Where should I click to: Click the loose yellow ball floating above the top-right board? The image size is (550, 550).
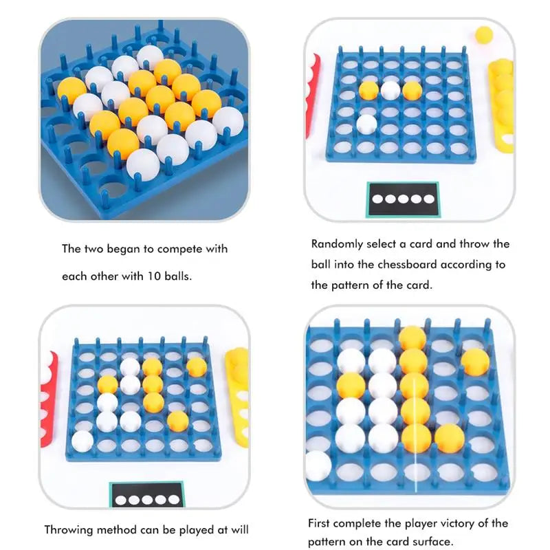tap(484, 35)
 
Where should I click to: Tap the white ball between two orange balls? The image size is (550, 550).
tap(390, 90)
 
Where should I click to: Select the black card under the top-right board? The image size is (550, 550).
tap(404, 199)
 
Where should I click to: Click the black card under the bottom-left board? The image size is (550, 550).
tap(146, 494)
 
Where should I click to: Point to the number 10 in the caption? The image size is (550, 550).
tap(153, 276)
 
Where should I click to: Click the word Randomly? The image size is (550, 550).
tap(337, 245)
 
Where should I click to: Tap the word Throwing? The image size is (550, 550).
tap(68, 529)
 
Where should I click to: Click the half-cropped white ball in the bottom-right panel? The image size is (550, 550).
tap(318, 466)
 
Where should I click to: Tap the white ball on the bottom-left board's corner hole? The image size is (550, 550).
tap(82, 441)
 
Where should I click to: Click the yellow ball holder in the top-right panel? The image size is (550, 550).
tap(502, 106)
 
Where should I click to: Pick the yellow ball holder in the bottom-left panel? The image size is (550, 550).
tap(237, 397)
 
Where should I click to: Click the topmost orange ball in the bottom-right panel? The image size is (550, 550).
tap(412, 338)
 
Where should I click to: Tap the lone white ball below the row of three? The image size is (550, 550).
tap(366, 124)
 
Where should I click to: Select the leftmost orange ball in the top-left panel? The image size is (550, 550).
tap(72, 91)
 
